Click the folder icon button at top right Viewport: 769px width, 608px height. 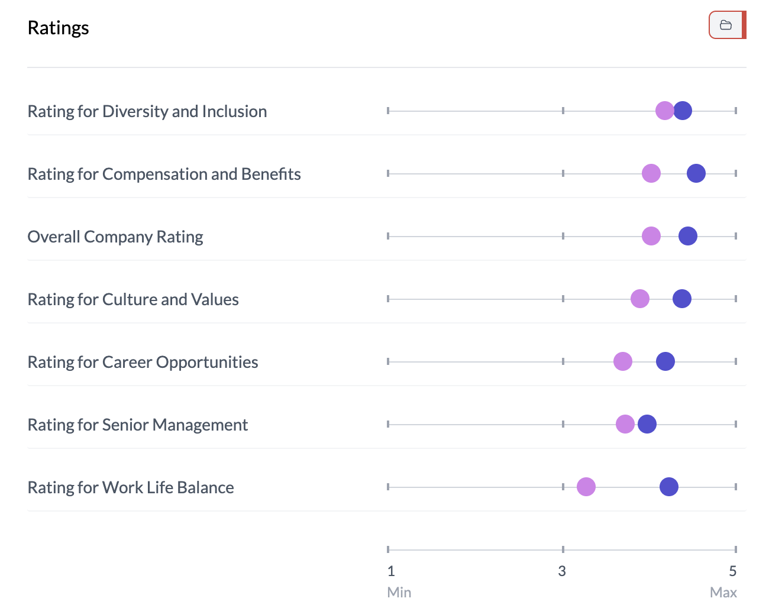pyautogui.click(x=726, y=25)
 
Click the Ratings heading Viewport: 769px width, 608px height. pyautogui.click(x=58, y=28)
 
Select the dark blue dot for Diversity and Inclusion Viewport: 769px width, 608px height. pyautogui.click(x=683, y=111)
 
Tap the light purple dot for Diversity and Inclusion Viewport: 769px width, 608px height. pyautogui.click(x=665, y=111)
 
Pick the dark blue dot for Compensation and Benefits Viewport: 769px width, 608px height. pyautogui.click(x=696, y=173)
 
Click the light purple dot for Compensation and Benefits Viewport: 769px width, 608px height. pyautogui.click(x=651, y=173)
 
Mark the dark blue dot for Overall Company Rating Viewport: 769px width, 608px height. pyautogui.click(x=688, y=236)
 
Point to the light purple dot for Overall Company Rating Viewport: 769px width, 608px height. pyautogui.click(x=651, y=236)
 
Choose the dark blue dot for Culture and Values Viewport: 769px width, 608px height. pyautogui.click(x=682, y=299)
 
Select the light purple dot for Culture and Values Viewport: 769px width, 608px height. pyautogui.click(x=640, y=299)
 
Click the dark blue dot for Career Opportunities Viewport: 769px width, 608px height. pyautogui.click(x=665, y=361)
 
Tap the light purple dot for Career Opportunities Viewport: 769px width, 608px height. pyautogui.click(x=623, y=361)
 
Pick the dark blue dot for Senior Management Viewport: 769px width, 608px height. pyautogui.click(x=647, y=424)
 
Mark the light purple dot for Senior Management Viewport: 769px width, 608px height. pyautogui.click(x=625, y=424)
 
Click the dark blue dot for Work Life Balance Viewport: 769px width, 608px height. pyautogui.click(x=669, y=487)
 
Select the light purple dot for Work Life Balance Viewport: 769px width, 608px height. pyautogui.click(x=586, y=487)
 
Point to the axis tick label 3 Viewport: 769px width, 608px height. pyautogui.click(x=562, y=571)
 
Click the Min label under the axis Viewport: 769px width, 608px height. pyautogui.click(x=399, y=592)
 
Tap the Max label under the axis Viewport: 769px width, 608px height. pyautogui.click(x=723, y=592)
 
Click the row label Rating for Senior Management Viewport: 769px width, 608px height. pyautogui.click(x=138, y=425)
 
